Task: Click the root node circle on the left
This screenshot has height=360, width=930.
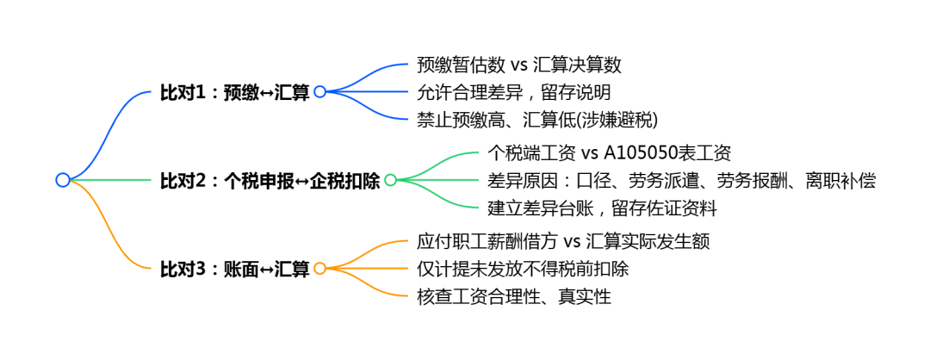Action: click(62, 180)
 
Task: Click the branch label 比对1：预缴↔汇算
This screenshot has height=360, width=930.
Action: click(234, 92)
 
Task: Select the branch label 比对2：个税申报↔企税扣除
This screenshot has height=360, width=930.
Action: click(270, 181)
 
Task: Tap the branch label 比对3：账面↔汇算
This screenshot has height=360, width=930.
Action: click(234, 269)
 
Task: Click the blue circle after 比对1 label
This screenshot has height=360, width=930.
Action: click(319, 91)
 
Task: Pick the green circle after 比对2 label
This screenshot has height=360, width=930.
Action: click(390, 180)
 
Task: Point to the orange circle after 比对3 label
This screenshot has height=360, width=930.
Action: click(319, 269)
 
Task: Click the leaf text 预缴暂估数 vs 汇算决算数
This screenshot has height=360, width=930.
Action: click(518, 65)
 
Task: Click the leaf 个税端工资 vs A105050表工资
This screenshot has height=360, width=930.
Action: click(609, 154)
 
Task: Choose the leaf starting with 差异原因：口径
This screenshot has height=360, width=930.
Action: click(681, 181)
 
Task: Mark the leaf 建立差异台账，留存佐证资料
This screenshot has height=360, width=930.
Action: click(602, 208)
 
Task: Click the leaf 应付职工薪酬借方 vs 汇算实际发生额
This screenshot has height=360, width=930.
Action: click(562, 242)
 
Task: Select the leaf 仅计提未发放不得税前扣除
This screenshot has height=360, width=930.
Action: click(522, 269)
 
